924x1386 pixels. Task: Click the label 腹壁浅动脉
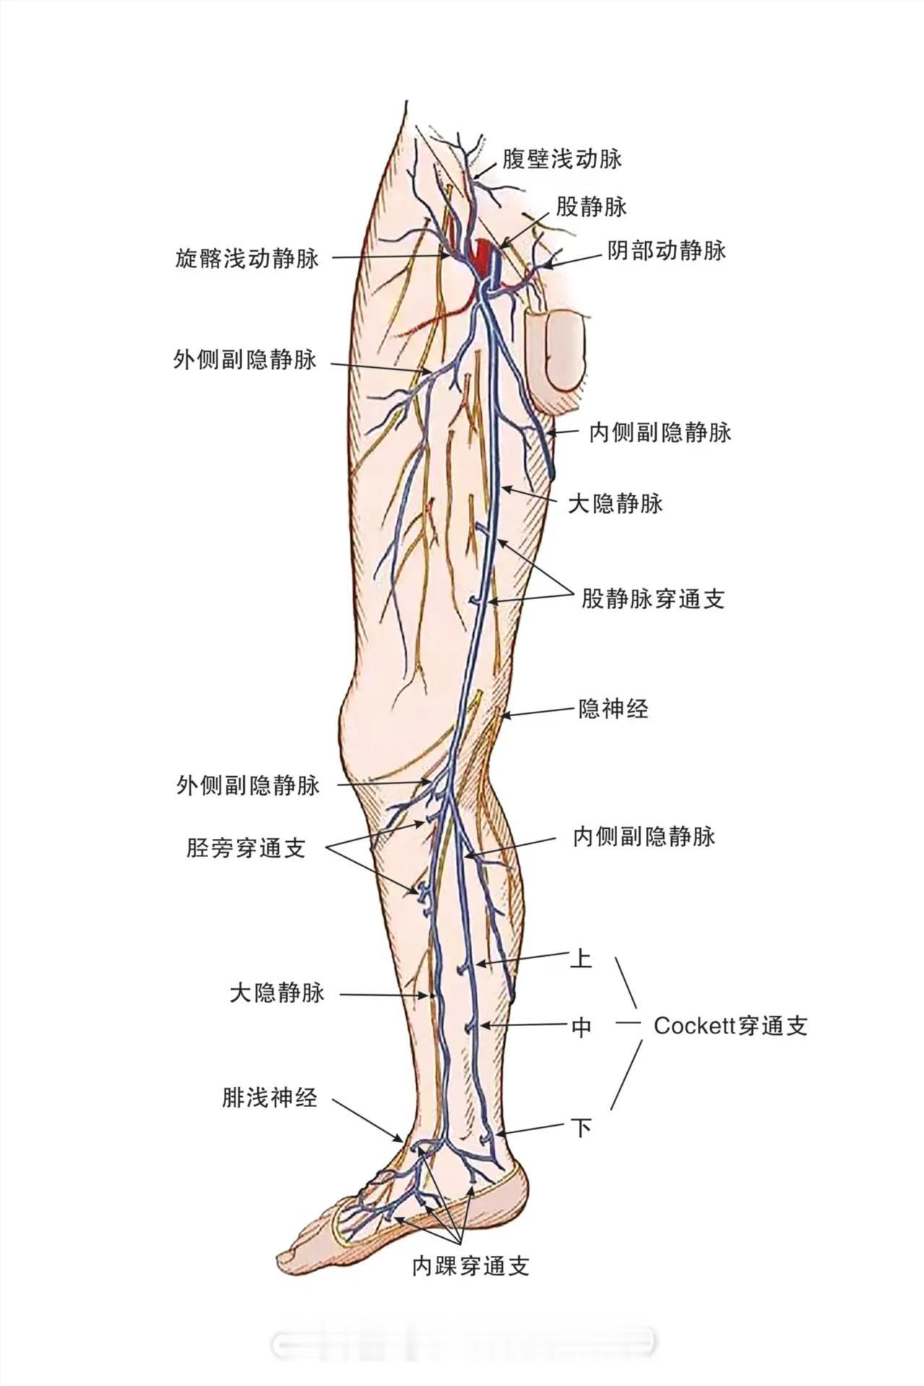click(x=562, y=159)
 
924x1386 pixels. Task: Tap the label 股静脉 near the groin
click(x=591, y=207)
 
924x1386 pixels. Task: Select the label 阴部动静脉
click(x=666, y=251)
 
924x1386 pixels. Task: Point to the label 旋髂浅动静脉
click(x=246, y=258)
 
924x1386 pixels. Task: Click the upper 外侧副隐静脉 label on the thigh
click(x=245, y=359)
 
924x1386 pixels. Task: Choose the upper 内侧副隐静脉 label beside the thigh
click(x=660, y=432)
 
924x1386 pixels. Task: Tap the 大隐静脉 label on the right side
click(x=616, y=504)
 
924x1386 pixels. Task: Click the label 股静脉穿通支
click(x=653, y=598)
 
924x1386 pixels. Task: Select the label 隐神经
click(x=613, y=709)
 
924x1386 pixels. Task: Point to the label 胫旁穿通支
click(x=246, y=848)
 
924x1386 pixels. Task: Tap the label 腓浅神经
click(x=269, y=1098)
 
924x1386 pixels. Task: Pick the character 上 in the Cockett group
click(x=581, y=959)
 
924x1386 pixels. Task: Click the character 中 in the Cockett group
click(x=582, y=1026)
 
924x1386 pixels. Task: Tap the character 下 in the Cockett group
click(x=582, y=1127)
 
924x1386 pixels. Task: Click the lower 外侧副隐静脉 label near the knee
click(x=248, y=785)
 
